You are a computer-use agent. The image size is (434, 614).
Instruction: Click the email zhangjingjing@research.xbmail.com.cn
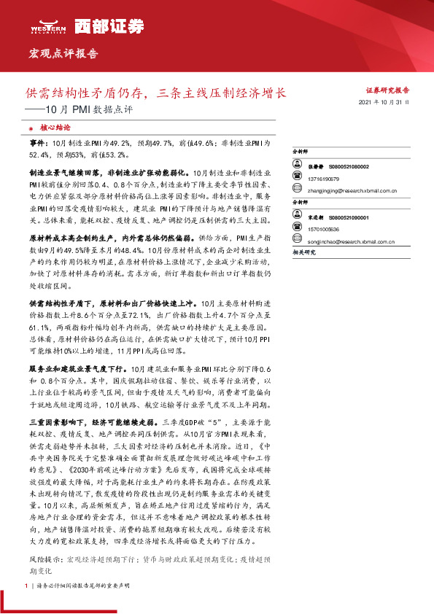click(352, 191)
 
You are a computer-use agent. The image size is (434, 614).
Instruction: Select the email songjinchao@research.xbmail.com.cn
click(352, 242)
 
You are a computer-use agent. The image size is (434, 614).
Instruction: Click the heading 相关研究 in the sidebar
click(303, 252)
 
